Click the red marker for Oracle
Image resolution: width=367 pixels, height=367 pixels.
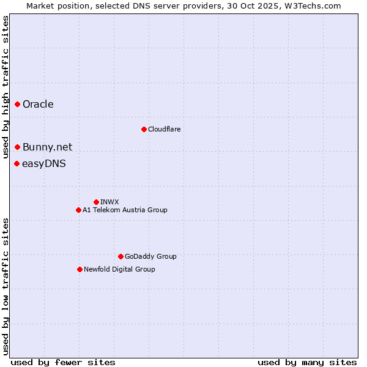18,105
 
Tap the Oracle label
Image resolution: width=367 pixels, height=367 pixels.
38,105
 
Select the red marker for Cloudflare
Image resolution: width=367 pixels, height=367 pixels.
144,129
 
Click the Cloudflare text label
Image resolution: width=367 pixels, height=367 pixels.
164,129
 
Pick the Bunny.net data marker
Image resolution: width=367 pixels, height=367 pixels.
18,147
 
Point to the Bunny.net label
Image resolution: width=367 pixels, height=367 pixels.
47,147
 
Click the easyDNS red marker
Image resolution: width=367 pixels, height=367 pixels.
17,163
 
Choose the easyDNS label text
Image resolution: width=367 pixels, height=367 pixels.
43,163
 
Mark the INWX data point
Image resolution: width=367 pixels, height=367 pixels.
96,202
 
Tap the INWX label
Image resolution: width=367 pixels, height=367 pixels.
109,202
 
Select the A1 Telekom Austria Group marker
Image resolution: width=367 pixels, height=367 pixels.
78,210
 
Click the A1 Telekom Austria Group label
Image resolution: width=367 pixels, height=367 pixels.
125,210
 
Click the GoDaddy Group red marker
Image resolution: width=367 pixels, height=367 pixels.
120,256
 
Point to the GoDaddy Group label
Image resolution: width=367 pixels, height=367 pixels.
150,256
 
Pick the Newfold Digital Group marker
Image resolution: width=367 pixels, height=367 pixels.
80,269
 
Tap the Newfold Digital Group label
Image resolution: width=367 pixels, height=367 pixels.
119,269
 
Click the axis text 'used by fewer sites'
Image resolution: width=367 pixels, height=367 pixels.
63,362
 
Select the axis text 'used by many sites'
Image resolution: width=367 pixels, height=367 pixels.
307,362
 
